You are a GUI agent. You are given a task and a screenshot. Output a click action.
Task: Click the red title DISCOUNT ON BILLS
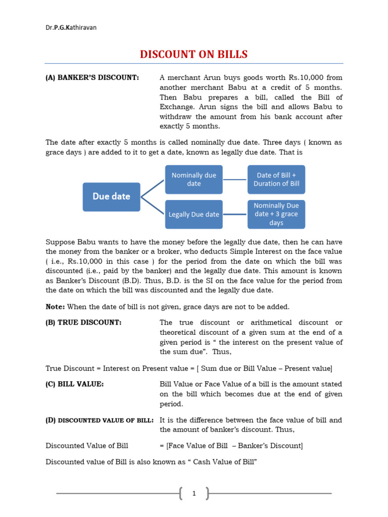pos(193,54)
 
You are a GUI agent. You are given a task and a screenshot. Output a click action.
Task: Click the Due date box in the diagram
pos(111,196)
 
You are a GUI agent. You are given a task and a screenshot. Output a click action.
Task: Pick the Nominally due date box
pos(193,179)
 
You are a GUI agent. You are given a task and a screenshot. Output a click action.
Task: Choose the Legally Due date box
pos(193,214)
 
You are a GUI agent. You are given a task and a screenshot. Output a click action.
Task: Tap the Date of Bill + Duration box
pos(276,179)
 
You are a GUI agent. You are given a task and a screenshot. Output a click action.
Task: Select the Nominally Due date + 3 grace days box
pos(276,214)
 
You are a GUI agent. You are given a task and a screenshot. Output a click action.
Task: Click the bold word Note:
pos(55,307)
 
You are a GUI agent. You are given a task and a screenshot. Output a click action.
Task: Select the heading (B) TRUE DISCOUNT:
pos(83,322)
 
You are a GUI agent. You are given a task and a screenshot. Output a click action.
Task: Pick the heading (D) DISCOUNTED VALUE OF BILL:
pos(100,420)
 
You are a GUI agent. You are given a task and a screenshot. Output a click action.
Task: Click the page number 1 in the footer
pos(193,493)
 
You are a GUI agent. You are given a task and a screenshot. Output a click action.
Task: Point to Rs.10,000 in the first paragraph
pos(308,77)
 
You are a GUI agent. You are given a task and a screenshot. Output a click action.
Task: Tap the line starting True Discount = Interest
pos(188,368)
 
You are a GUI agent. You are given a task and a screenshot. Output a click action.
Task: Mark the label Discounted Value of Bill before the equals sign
pos(86,445)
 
